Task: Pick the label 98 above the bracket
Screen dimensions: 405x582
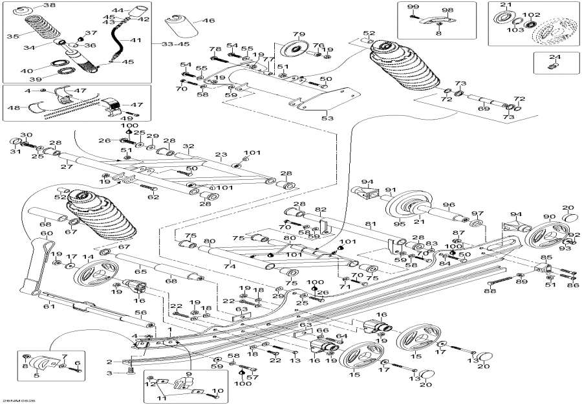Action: (447, 10)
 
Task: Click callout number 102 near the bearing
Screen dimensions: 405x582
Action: (532, 14)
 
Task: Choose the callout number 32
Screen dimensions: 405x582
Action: (188, 147)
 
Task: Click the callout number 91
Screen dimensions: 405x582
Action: (389, 190)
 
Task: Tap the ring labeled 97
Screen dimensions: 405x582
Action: (477, 224)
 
